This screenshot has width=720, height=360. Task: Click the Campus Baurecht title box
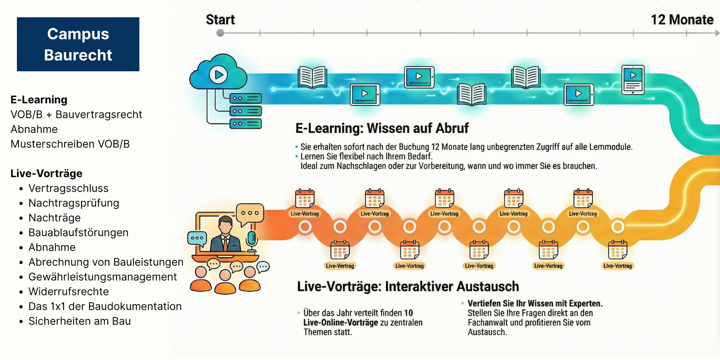78,44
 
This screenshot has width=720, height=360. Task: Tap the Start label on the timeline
220,20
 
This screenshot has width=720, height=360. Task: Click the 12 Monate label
682,20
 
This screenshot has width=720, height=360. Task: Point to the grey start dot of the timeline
220,33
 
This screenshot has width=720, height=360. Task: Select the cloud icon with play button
218,73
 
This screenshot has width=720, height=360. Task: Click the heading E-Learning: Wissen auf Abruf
382,128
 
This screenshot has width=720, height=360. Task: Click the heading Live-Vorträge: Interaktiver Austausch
408,286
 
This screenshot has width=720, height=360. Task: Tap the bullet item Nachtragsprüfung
74,203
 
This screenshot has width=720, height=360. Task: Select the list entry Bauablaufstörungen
78,232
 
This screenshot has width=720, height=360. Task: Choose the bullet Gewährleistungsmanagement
102,277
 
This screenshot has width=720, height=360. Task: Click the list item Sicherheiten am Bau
79,321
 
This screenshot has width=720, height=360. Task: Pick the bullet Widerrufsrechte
69,291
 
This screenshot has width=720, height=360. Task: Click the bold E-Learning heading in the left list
39,99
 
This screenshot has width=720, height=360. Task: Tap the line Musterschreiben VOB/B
70,144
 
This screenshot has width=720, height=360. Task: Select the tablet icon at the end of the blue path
633,79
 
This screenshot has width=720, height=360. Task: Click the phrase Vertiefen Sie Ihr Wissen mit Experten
535,303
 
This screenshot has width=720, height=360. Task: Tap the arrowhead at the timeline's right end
717,33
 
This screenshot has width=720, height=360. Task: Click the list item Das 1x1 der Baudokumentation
105,306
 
